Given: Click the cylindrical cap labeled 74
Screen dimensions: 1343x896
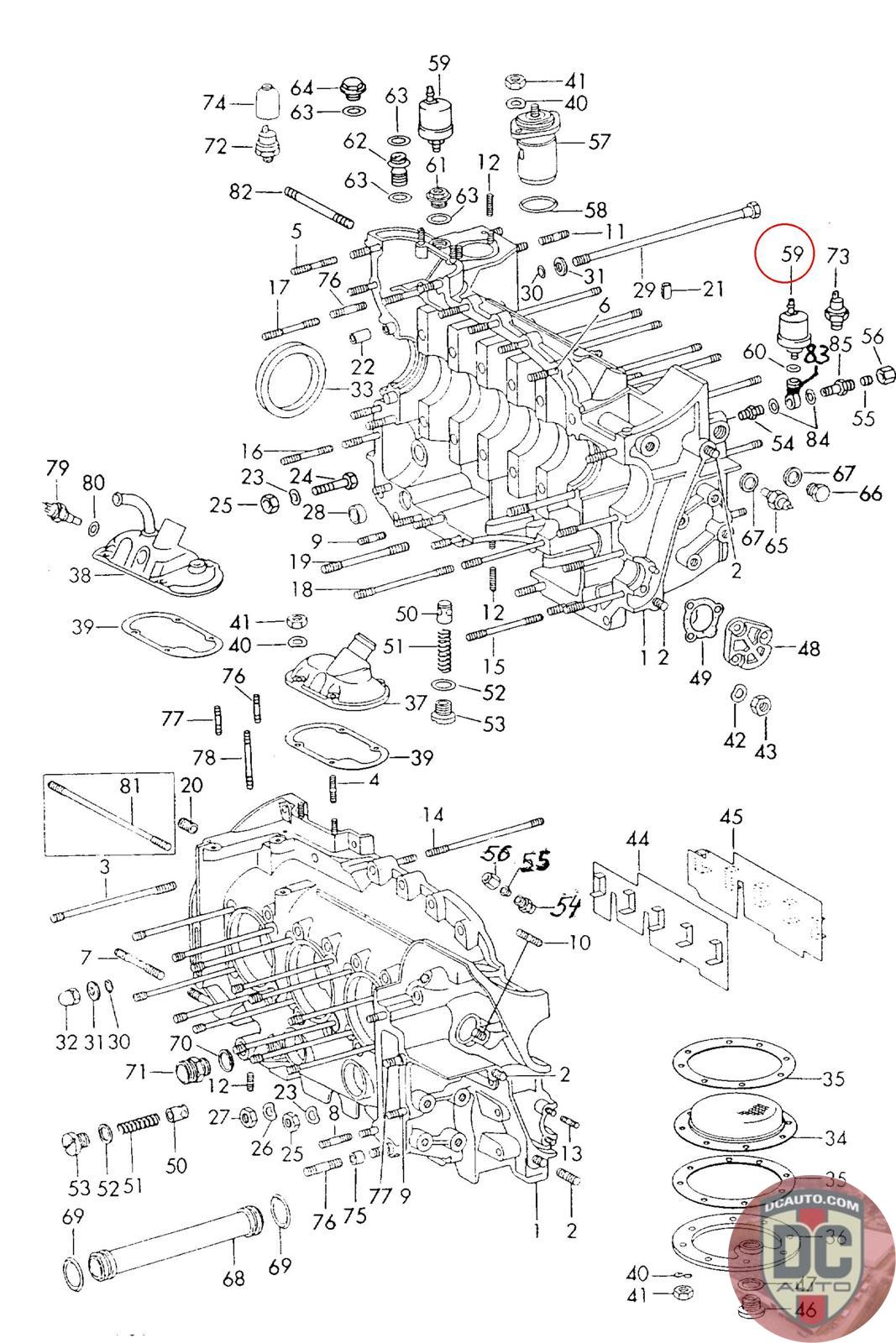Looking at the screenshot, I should click(x=267, y=103).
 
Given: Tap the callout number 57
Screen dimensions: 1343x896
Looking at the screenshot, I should click(x=599, y=141).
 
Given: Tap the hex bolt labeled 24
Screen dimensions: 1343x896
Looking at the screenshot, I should click(x=336, y=483).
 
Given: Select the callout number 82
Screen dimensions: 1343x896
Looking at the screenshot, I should click(x=241, y=192).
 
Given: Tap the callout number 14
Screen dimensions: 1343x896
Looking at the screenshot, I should click(x=432, y=814).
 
